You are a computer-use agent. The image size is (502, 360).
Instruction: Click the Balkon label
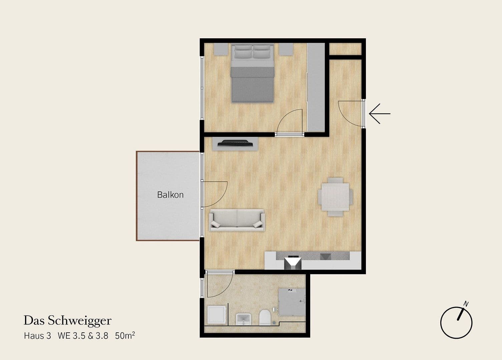170,195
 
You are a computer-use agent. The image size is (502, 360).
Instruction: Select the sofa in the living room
236,220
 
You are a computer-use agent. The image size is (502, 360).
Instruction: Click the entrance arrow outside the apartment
380,114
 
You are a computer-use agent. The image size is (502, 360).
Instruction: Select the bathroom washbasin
244,319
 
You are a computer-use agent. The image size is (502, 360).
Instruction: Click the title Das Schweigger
67,321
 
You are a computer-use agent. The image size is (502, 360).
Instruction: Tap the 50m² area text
125,336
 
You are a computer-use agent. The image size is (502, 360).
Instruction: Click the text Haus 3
37,336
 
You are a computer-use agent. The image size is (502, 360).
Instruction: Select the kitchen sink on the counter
293,262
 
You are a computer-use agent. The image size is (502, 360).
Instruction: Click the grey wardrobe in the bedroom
316,87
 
